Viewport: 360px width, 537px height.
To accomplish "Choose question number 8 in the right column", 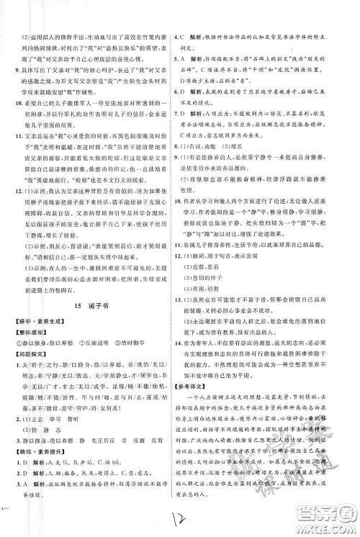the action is pyautogui.click(x=181, y=145).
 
